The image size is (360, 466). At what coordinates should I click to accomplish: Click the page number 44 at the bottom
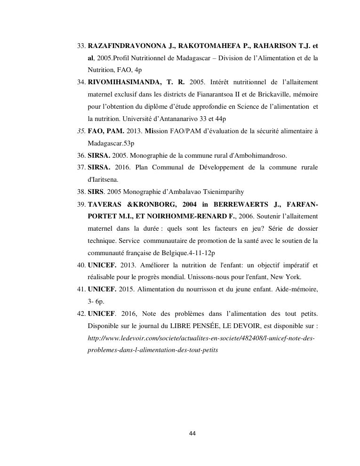pos(192,434)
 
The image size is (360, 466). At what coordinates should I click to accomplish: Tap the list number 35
pos(81,131)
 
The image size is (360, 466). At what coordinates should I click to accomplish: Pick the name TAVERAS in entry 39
pos(105,205)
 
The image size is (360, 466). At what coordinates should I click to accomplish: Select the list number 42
pos(81,314)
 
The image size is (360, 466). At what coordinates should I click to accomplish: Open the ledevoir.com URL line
pos(201,338)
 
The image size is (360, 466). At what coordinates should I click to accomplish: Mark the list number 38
pos(81,192)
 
